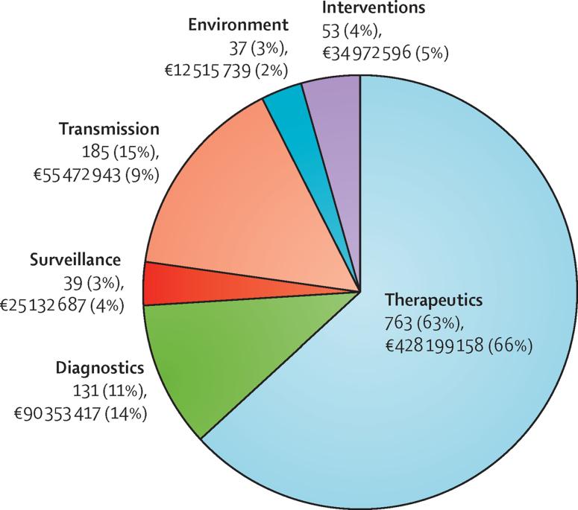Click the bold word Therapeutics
click(x=434, y=301)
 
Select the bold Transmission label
click(x=109, y=129)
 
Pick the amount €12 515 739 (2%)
click(x=227, y=70)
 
